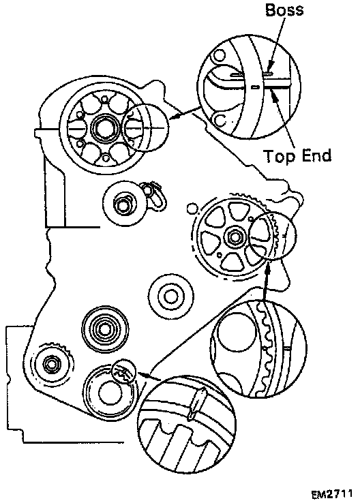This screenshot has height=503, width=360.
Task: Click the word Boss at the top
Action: [x=284, y=10]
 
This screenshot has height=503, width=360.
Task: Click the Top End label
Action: [x=297, y=156]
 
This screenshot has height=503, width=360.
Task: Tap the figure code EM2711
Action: [x=332, y=493]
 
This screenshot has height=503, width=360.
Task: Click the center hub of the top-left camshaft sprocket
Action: [x=104, y=128]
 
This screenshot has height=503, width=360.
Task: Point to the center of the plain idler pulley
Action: [x=170, y=296]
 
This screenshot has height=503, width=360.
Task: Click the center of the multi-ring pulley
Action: [x=105, y=329]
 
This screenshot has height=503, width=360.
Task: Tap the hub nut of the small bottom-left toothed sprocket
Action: [x=50, y=363]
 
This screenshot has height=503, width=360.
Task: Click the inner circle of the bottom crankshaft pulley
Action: [x=110, y=393]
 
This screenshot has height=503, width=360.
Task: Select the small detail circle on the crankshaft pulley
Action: [x=124, y=371]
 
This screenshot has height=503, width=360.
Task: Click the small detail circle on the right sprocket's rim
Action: [x=273, y=235]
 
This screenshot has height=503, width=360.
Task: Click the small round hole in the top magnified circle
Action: [x=220, y=55]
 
